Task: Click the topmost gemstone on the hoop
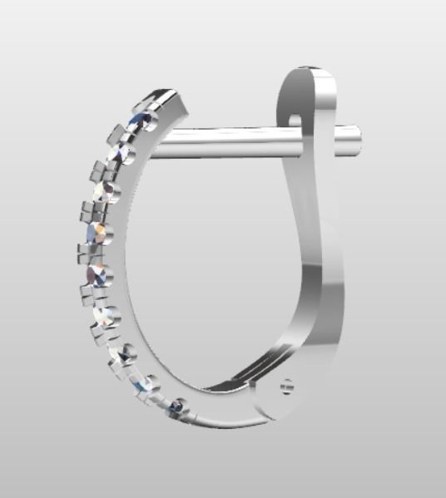pos(141,121)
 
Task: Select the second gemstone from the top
pos(122,153)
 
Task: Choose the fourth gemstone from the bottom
pos(107,317)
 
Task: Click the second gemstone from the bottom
pos(149,384)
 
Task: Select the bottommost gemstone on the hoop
pos(178,407)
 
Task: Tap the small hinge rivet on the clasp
pos(286,387)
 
